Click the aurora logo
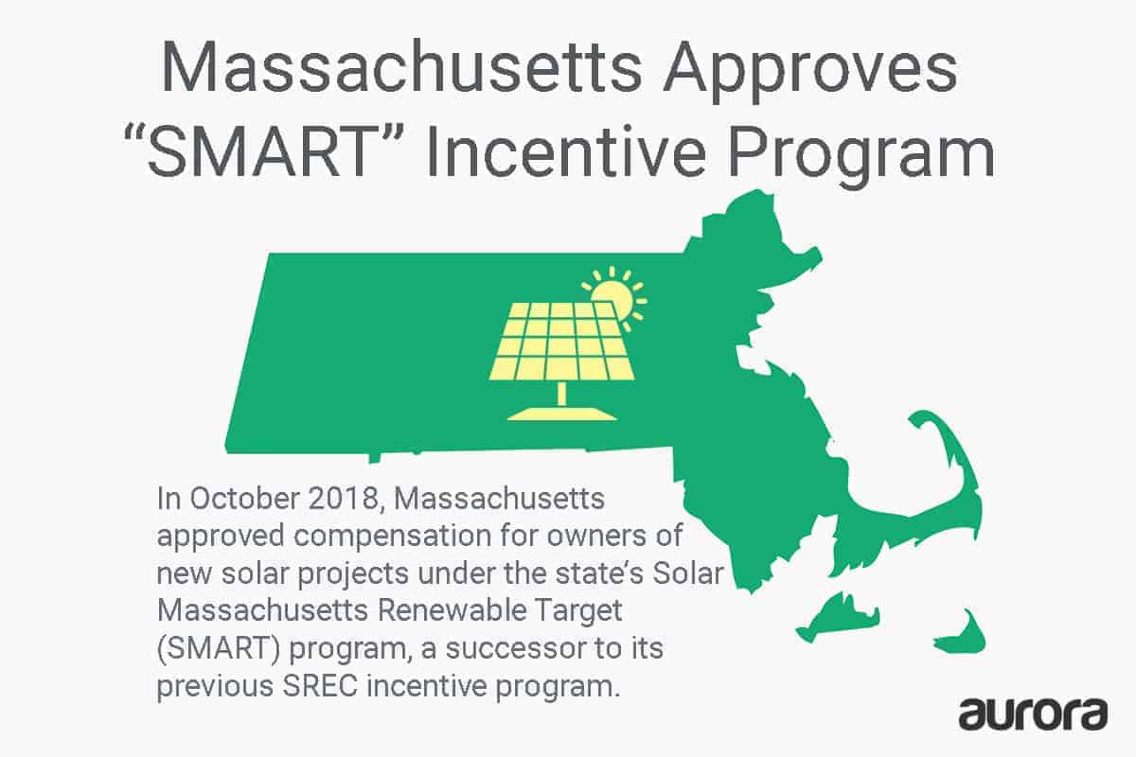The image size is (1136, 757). (1032, 712)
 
